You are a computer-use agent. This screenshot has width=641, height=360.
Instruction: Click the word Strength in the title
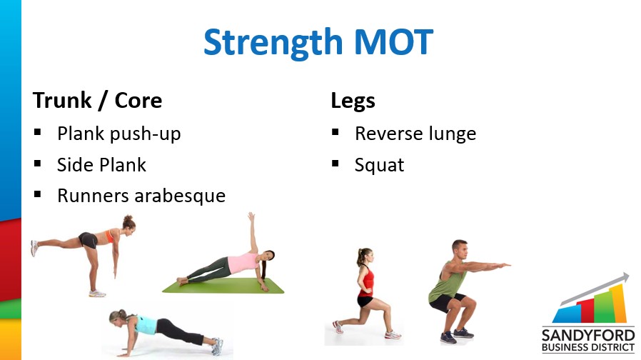pyautogui.click(x=273, y=43)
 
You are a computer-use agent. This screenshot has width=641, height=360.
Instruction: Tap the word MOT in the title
pyautogui.click(x=393, y=41)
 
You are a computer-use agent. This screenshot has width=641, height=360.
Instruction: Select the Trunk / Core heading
pyautogui.click(x=97, y=101)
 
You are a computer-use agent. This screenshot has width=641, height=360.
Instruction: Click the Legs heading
pyautogui.click(x=353, y=101)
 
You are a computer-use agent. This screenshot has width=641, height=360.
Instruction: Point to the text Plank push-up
pyautogui.click(x=119, y=134)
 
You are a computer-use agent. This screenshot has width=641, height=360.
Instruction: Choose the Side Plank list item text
pyautogui.click(x=101, y=165)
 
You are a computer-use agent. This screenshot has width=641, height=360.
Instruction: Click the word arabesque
pyautogui.click(x=180, y=196)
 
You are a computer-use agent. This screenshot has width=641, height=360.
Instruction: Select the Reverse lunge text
pyautogui.click(x=415, y=134)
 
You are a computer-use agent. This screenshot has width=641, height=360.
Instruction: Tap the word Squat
pyautogui.click(x=379, y=166)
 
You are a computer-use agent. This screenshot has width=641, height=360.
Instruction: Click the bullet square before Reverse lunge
pyautogui.click(x=335, y=131)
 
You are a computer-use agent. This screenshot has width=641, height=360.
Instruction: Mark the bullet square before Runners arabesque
pyautogui.click(x=38, y=194)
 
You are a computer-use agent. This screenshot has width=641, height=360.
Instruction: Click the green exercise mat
pyautogui.click(x=223, y=286)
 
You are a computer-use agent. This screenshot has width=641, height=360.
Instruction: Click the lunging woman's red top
pyautogui.click(x=367, y=282)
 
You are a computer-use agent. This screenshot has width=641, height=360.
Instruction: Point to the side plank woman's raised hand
pyautogui.click(x=251, y=216)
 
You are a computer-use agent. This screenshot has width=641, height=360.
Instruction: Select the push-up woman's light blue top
pyautogui.click(x=146, y=325)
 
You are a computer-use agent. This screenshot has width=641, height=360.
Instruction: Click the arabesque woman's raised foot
pyautogui.click(x=34, y=248)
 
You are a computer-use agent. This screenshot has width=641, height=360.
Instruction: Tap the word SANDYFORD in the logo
pyautogui.click(x=588, y=336)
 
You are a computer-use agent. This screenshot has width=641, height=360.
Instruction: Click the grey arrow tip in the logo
pyautogui.click(x=626, y=277)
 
